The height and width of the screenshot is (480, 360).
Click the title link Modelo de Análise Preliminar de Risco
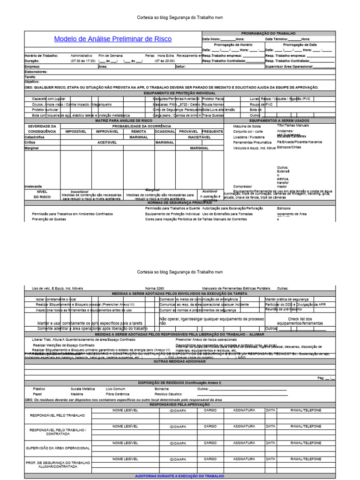(112, 39)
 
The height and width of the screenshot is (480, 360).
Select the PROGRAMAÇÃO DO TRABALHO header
(268, 34)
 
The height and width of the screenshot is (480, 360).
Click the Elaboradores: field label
(35, 72)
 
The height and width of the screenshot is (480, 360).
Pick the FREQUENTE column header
(212, 132)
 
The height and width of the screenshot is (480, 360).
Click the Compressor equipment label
(242, 186)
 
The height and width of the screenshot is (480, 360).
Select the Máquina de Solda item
(247, 126)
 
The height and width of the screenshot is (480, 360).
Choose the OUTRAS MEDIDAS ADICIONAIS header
(180, 362)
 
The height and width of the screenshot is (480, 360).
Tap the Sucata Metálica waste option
(82, 389)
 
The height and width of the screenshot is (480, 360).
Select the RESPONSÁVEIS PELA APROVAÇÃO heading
(180, 404)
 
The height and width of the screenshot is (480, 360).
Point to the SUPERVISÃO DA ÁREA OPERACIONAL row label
(58, 448)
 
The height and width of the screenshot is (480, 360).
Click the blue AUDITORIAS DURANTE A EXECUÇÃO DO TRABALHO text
(180, 475)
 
